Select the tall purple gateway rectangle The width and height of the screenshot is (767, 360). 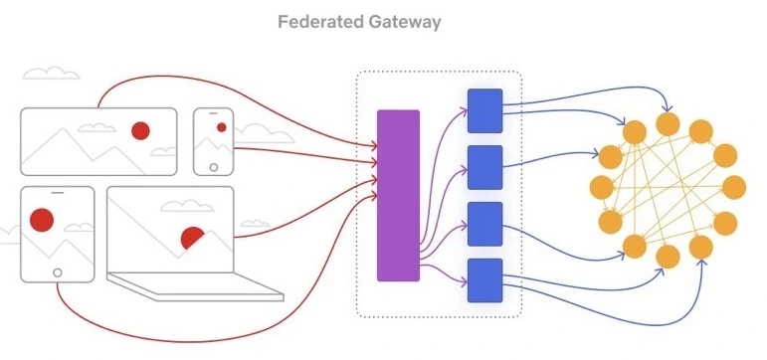[x=398, y=196]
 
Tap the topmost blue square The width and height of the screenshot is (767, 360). [x=484, y=110]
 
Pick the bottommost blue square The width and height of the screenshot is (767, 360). [x=484, y=280]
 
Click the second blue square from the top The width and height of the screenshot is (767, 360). [x=484, y=167]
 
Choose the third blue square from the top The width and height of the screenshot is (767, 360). [x=484, y=224]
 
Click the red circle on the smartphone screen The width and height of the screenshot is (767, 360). [x=222, y=127]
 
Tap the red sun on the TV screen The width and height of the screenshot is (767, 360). [x=140, y=130]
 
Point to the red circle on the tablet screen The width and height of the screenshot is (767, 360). [x=42, y=220]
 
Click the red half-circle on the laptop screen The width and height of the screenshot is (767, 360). [x=192, y=238]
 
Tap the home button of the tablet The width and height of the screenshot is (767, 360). [x=58, y=272]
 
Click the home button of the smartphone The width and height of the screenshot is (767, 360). [x=213, y=167]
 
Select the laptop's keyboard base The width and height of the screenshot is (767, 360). [x=195, y=286]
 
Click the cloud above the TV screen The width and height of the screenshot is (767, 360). [x=51, y=74]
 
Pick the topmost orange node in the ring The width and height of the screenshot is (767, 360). [x=668, y=123]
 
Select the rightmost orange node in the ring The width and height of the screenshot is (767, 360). [x=734, y=187]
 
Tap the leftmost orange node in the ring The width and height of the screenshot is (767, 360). [x=602, y=187]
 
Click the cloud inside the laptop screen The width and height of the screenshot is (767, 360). [x=187, y=206]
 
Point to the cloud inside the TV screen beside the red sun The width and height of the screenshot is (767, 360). [x=96, y=127]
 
